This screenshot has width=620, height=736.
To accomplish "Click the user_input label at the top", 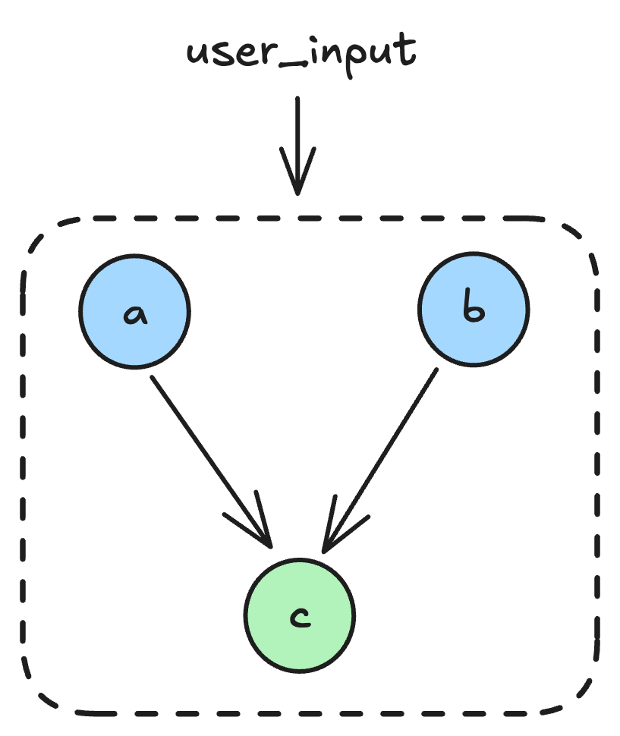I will [301, 55].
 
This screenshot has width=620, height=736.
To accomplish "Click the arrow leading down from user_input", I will [297, 137].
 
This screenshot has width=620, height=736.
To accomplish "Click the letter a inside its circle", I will [134, 313].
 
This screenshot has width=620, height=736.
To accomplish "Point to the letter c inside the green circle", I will [300, 618].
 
